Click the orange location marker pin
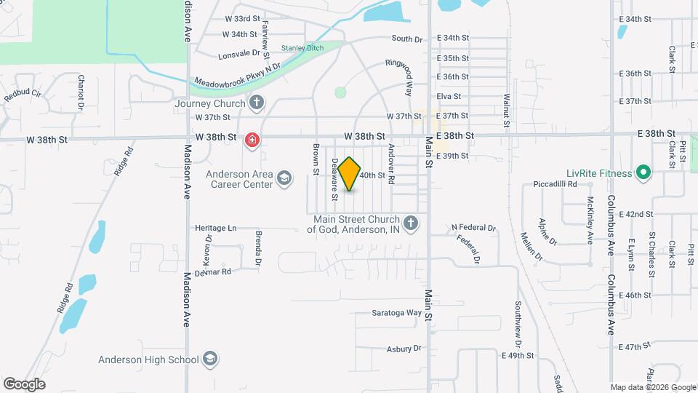350,174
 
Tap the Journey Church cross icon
256,103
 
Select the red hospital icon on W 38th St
252,140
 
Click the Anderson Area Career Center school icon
284,178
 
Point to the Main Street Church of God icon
411,223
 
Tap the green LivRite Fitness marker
643,173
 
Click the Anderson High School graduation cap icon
209,359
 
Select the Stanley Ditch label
302,48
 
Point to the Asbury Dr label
404,349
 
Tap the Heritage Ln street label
216,228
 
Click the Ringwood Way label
409,78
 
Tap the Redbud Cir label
23,95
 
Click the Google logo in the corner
24,384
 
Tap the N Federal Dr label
473,228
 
